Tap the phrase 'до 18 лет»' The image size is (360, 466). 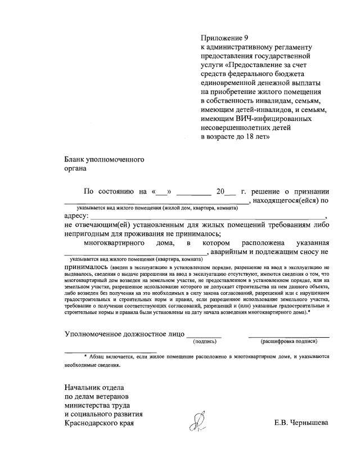click(253, 137)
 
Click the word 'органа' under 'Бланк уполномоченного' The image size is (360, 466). click(75, 168)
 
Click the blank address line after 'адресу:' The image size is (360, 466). click(208, 217)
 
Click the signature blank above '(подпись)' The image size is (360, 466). click(204, 335)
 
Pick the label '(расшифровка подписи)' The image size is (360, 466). click(289, 341)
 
